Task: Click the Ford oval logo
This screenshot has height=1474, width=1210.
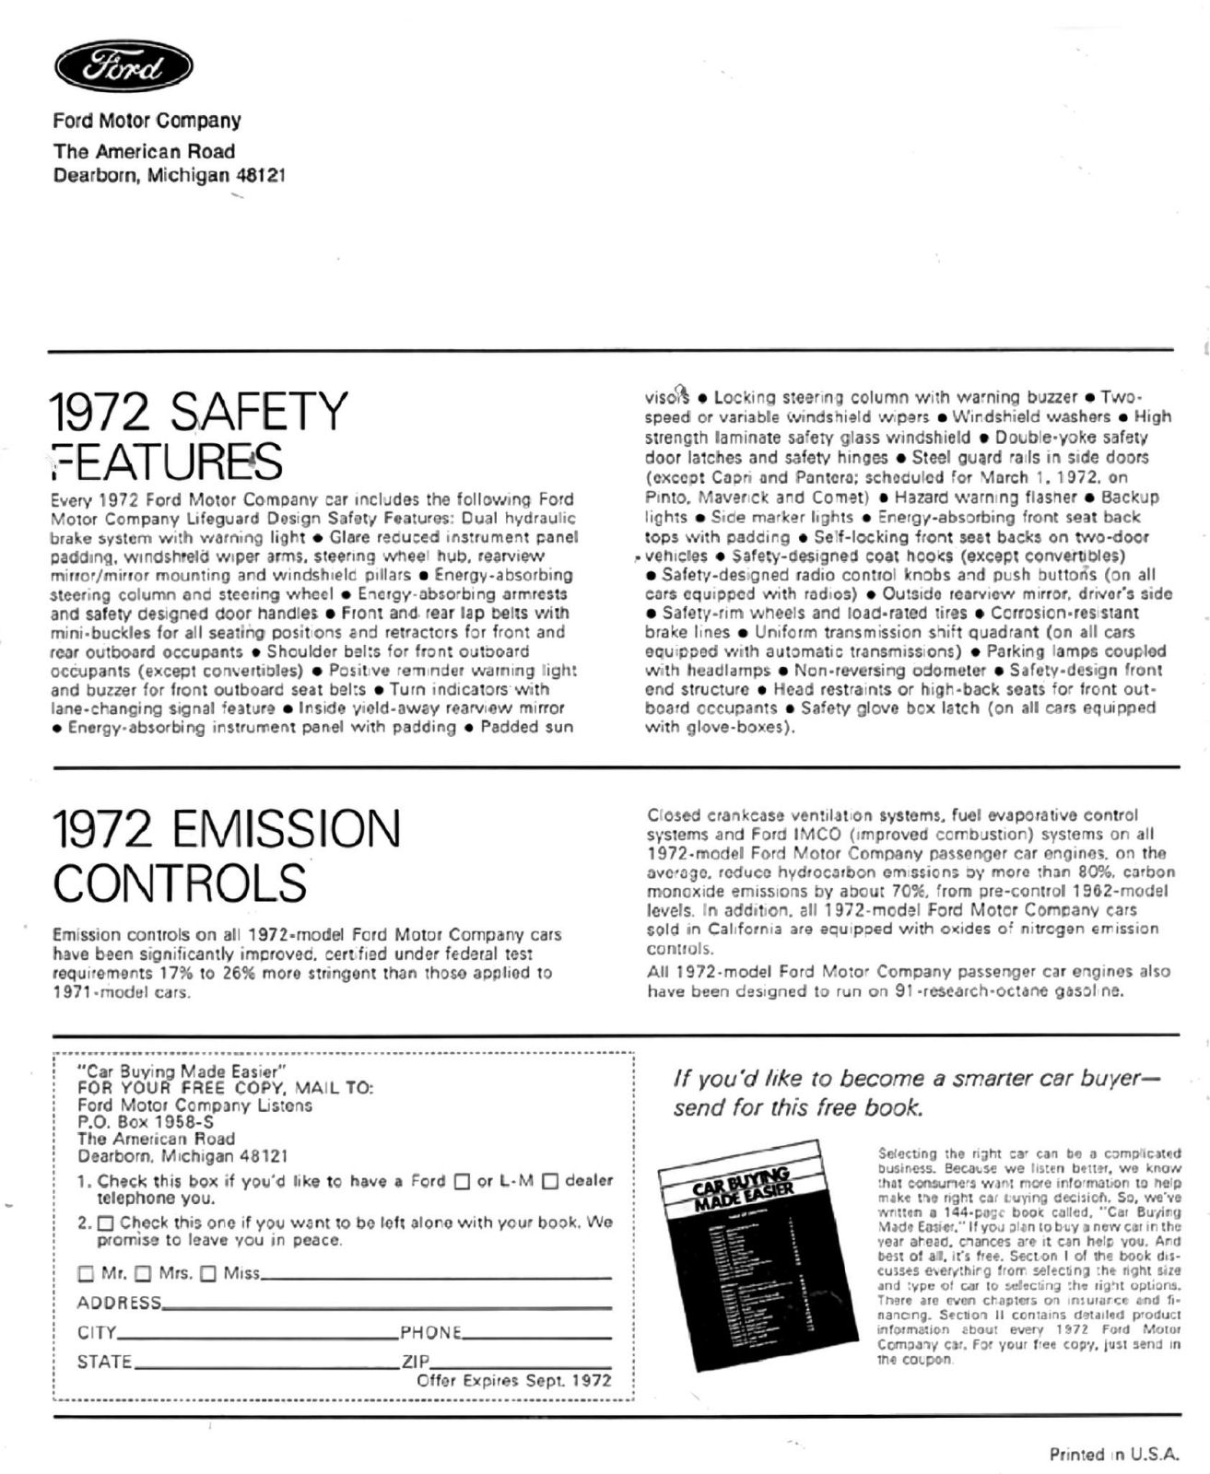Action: (x=123, y=69)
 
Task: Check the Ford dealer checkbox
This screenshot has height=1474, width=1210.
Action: (x=463, y=1181)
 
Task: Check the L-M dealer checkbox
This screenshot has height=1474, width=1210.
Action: (x=550, y=1181)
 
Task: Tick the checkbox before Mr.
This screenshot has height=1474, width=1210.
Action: (x=86, y=1274)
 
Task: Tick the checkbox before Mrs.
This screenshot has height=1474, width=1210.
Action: (x=143, y=1274)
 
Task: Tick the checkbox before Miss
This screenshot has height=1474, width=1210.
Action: (x=208, y=1274)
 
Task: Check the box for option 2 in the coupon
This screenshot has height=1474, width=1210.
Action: (x=105, y=1223)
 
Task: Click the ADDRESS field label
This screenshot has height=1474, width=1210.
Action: (x=119, y=1303)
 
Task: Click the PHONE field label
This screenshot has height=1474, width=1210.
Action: (x=430, y=1332)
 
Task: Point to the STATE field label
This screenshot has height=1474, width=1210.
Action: (x=104, y=1362)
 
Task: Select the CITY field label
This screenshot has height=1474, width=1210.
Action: (x=97, y=1332)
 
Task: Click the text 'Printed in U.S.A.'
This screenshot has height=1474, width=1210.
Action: (x=1114, y=1455)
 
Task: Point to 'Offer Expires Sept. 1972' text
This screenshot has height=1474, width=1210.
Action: (x=513, y=1380)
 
